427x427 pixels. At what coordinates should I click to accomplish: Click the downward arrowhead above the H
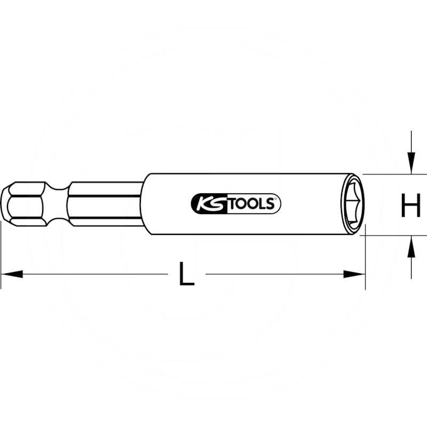411,162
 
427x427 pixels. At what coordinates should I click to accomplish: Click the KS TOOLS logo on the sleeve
235,203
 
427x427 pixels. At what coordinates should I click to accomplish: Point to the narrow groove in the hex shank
57,203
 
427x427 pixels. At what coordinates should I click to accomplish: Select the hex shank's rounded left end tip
4,203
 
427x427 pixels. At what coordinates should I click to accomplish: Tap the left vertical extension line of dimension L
1,256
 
